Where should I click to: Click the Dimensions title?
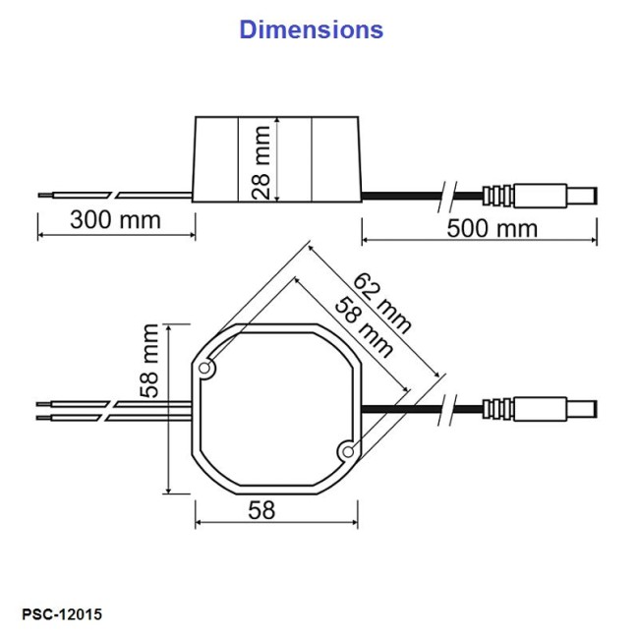(311, 29)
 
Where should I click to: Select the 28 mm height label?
(260, 161)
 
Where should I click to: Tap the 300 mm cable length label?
(115, 219)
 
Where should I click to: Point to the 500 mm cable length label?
(492, 228)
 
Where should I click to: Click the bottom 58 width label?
(261, 509)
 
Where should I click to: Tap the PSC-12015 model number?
(61, 614)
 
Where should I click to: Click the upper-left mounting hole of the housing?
(206, 369)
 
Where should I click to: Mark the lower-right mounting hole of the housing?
(346, 450)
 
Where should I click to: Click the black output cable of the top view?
(403, 407)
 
